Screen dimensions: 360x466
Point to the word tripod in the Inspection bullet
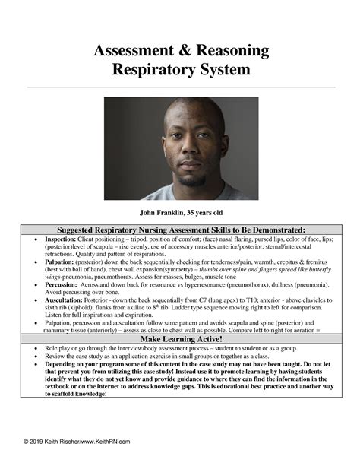click(146, 239)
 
